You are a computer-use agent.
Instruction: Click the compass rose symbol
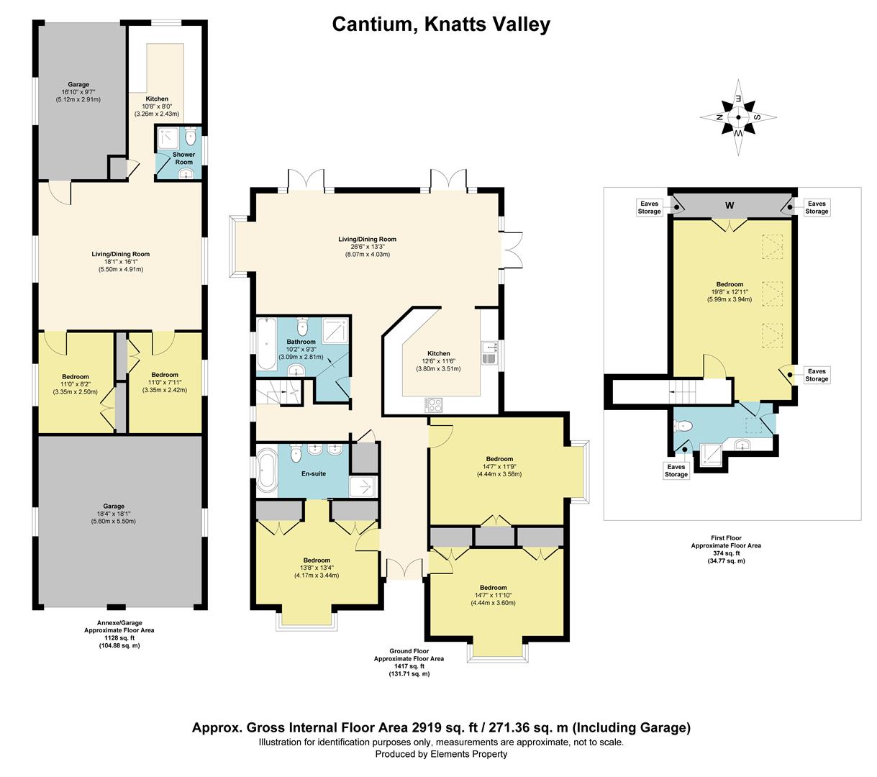coord(738,117)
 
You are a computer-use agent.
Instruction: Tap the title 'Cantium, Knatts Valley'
coord(441,24)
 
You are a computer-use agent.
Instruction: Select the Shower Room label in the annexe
coord(183,158)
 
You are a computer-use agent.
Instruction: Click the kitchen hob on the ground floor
coord(434,405)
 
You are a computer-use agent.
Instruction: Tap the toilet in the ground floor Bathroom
coord(302,326)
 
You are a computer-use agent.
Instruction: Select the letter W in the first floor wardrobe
coord(730,205)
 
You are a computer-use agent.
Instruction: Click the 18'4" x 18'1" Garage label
coord(114,514)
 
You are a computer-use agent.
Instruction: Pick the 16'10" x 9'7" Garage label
coord(78,92)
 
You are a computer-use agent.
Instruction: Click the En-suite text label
coord(314,473)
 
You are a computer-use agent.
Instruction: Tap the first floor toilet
coord(683,426)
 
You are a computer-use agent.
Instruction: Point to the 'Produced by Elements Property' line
coord(441,754)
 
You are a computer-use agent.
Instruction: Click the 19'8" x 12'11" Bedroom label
coord(730,292)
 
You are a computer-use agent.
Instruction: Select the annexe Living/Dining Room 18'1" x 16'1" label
coord(120,261)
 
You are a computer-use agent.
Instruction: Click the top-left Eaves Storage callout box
coord(649,207)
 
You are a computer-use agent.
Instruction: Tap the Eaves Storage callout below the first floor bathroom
coord(676,471)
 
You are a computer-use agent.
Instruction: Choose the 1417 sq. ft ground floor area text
coord(409,666)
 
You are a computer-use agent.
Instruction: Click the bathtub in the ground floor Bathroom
coord(266,344)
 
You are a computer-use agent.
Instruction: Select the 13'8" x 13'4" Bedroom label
coord(317,568)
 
